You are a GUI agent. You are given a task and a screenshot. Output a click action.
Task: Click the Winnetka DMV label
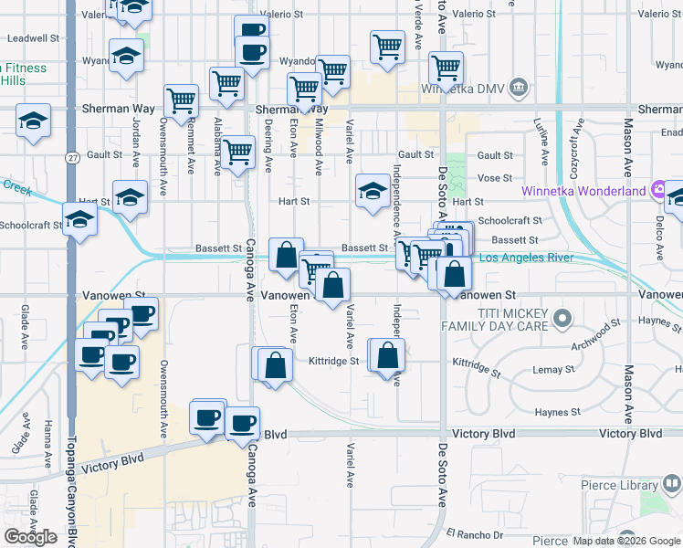click(x=463, y=89)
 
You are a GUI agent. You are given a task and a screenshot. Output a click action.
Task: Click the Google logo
click(x=30, y=537)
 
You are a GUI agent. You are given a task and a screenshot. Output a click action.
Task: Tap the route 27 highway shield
click(x=71, y=158)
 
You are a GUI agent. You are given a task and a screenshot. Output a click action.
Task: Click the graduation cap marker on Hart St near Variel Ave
click(x=373, y=191)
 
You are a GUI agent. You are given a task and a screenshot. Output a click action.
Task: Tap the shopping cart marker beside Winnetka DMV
click(x=447, y=67)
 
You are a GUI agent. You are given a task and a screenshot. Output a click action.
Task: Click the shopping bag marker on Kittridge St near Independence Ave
click(x=388, y=355)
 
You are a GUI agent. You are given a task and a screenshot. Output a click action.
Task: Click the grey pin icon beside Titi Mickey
click(x=563, y=319)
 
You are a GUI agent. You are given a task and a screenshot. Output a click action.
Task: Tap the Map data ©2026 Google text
click(x=626, y=541)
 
